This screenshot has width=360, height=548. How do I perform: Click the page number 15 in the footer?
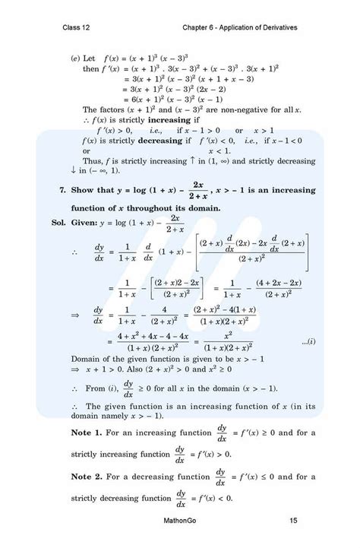(x=293, y=521)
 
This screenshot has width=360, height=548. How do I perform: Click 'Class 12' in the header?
(x=77, y=28)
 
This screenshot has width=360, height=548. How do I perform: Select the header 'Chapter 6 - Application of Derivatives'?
(x=239, y=28)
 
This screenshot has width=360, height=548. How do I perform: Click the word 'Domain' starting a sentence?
(x=86, y=357)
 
